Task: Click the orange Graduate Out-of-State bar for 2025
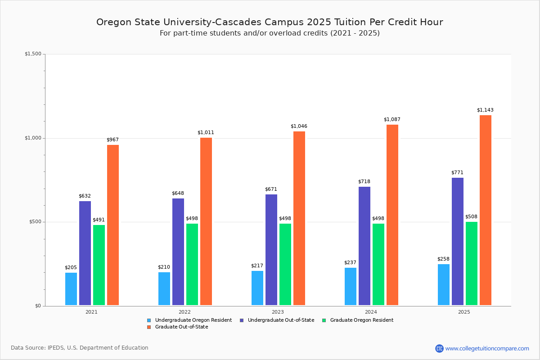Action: (x=485, y=210)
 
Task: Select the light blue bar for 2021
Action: (x=71, y=289)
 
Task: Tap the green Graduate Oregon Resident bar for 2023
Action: (x=285, y=264)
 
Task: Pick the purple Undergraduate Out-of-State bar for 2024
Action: (x=364, y=246)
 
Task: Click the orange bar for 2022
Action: (x=206, y=221)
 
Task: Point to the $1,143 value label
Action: (x=485, y=110)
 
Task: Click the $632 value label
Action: (x=85, y=196)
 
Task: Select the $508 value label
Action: (x=471, y=217)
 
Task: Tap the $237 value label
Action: (x=350, y=263)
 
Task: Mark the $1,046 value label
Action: (x=299, y=126)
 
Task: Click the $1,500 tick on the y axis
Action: (x=33, y=54)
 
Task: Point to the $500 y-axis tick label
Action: (x=35, y=222)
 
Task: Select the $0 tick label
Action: (x=38, y=306)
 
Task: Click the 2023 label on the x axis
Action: (x=278, y=312)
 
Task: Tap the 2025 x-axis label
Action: (x=464, y=312)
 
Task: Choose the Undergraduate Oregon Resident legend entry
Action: (x=189, y=320)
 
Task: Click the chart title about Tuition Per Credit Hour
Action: (x=270, y=22)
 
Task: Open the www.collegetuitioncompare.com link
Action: (x=487, y=348)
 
